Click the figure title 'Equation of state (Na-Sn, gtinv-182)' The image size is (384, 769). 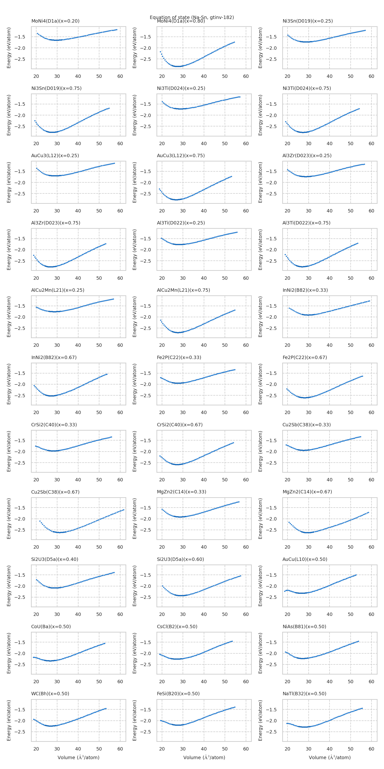click(192, 17)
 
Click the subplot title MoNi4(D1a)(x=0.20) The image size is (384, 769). click(55, 21)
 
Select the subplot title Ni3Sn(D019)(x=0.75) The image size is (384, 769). click(56, 88)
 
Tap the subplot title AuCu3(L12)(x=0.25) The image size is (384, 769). click(55, 155)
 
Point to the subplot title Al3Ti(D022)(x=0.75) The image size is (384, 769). click(306, 223)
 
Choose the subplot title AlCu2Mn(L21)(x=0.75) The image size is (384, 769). click(183, 290)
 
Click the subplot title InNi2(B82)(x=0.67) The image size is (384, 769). click(54, 357)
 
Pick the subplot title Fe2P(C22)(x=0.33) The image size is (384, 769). click(179, 357)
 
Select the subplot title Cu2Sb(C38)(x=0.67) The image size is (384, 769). click(55, 492)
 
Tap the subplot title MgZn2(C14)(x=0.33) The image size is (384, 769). click(182, 492)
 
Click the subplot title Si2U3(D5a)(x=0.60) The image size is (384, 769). click(180, 559)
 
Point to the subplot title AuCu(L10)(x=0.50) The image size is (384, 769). click(305, 559)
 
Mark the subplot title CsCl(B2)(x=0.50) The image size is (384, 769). click(177, 626)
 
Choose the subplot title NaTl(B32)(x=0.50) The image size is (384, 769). click(304, 694)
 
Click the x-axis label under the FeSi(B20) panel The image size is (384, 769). click(204, 758)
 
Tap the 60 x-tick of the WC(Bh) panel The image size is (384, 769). click(120, 749)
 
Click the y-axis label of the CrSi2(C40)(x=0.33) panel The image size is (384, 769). click(9, 451)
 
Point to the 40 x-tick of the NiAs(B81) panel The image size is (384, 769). click(330, 682)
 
